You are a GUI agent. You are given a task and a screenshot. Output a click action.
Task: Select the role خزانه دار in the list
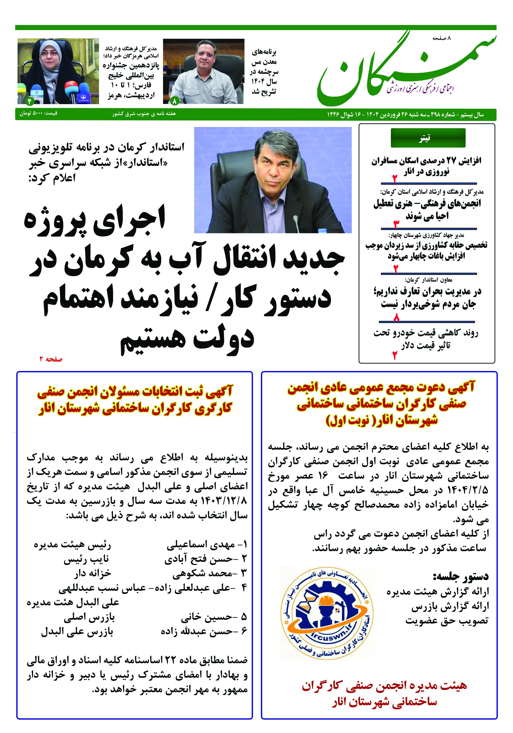[x=92, y=573]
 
